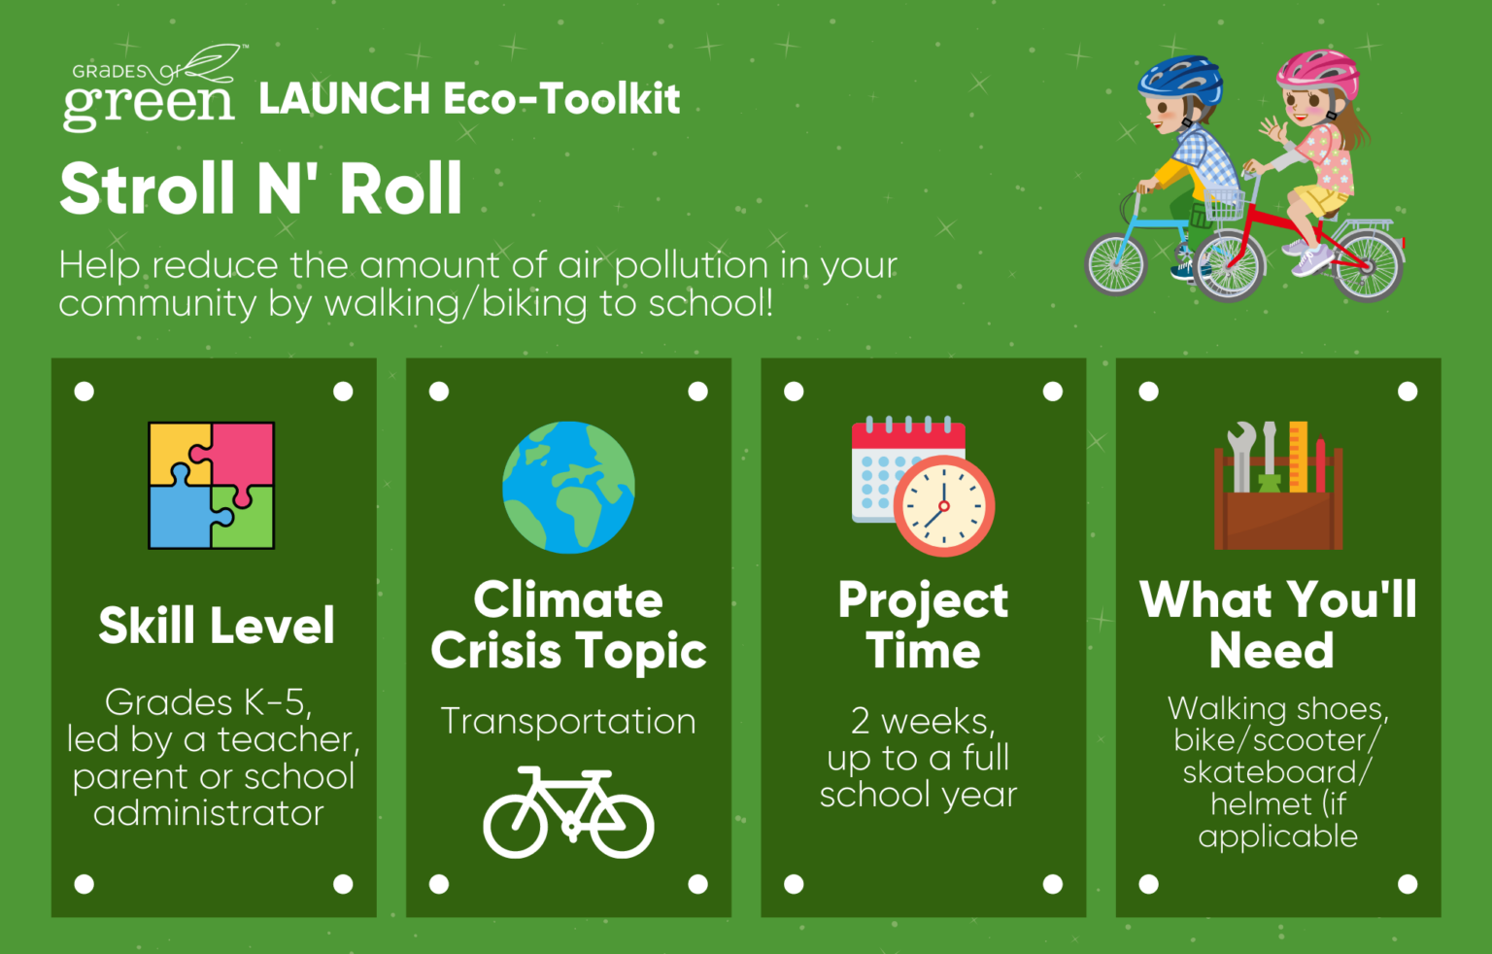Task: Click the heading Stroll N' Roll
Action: pos(260,188)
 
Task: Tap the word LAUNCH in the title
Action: pos(345,98)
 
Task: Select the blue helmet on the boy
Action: pos(1179,79)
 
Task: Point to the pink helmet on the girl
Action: pos(1318,74)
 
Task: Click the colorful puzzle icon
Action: pos(211,485)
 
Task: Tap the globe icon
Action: pos(568,487)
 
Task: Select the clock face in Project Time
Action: pos(944,505)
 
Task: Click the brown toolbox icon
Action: pos(1278,487)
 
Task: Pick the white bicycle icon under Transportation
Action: pos(568,812)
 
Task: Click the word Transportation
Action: pos(568,721)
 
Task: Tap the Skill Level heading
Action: pos(217,626)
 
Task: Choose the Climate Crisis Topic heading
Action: pos(568,625)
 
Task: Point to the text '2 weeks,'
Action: pos(923,720)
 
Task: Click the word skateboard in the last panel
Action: pos(1270,772)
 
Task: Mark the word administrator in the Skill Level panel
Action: pos(209,813)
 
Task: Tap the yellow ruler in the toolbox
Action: pos(1298,457)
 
